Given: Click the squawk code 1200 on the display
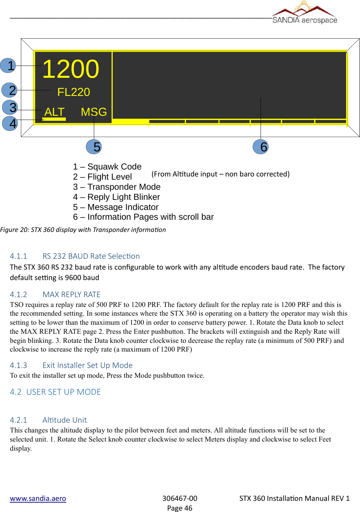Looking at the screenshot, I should tap(71, 69).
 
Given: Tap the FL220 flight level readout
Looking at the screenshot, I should tap(74, 92).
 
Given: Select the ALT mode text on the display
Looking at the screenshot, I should tap(54, 112).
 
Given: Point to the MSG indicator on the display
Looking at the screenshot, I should tap(93, 112).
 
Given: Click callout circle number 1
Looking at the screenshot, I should tap(8, 66).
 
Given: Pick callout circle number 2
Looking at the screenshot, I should tap(10, 90).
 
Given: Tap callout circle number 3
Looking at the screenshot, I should tap(10, 107).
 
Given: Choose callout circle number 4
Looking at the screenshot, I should tap(10, 123).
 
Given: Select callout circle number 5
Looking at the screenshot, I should tap(94, 147).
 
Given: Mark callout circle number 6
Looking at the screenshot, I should tap(261, 147).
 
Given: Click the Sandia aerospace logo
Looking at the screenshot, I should tap(305, 13).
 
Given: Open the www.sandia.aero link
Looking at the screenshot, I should tap(38, 498).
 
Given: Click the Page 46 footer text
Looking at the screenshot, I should tap(180, 508).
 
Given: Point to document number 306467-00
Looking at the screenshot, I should tap(180, 498).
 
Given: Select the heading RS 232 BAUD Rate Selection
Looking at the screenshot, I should tap(91, 256).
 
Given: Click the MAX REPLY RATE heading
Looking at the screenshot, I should tap(72, 295).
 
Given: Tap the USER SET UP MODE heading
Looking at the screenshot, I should tap(63, 392).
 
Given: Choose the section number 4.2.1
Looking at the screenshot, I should tap(18, 420).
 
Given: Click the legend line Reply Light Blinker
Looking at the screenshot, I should tap(117, 197).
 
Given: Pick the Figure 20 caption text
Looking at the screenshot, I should tap(83, 230).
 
